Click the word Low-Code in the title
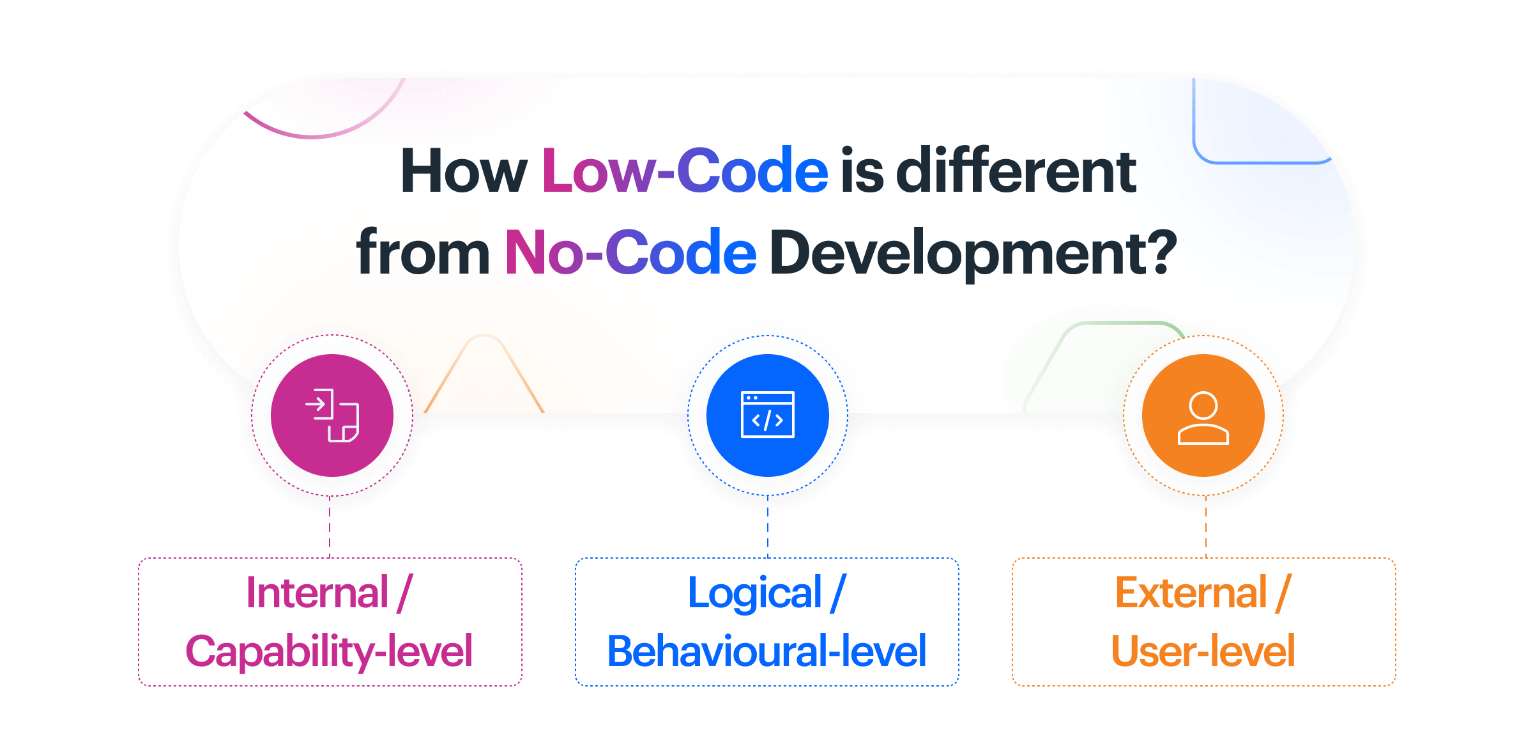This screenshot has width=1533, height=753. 685,171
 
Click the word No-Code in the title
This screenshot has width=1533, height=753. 630,253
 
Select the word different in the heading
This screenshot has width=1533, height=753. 1016,171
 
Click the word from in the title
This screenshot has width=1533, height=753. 423,253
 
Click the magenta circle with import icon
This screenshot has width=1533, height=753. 332,415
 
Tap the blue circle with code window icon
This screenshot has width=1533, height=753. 767,415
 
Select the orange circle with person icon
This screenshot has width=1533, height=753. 1203,415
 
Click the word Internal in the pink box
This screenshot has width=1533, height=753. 317,593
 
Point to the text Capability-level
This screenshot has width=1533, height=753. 329,651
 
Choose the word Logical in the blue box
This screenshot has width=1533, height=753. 754,593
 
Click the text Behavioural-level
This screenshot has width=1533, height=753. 766,651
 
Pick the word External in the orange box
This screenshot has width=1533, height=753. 1191,593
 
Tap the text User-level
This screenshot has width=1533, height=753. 1203,651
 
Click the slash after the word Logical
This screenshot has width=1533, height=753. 838,593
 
